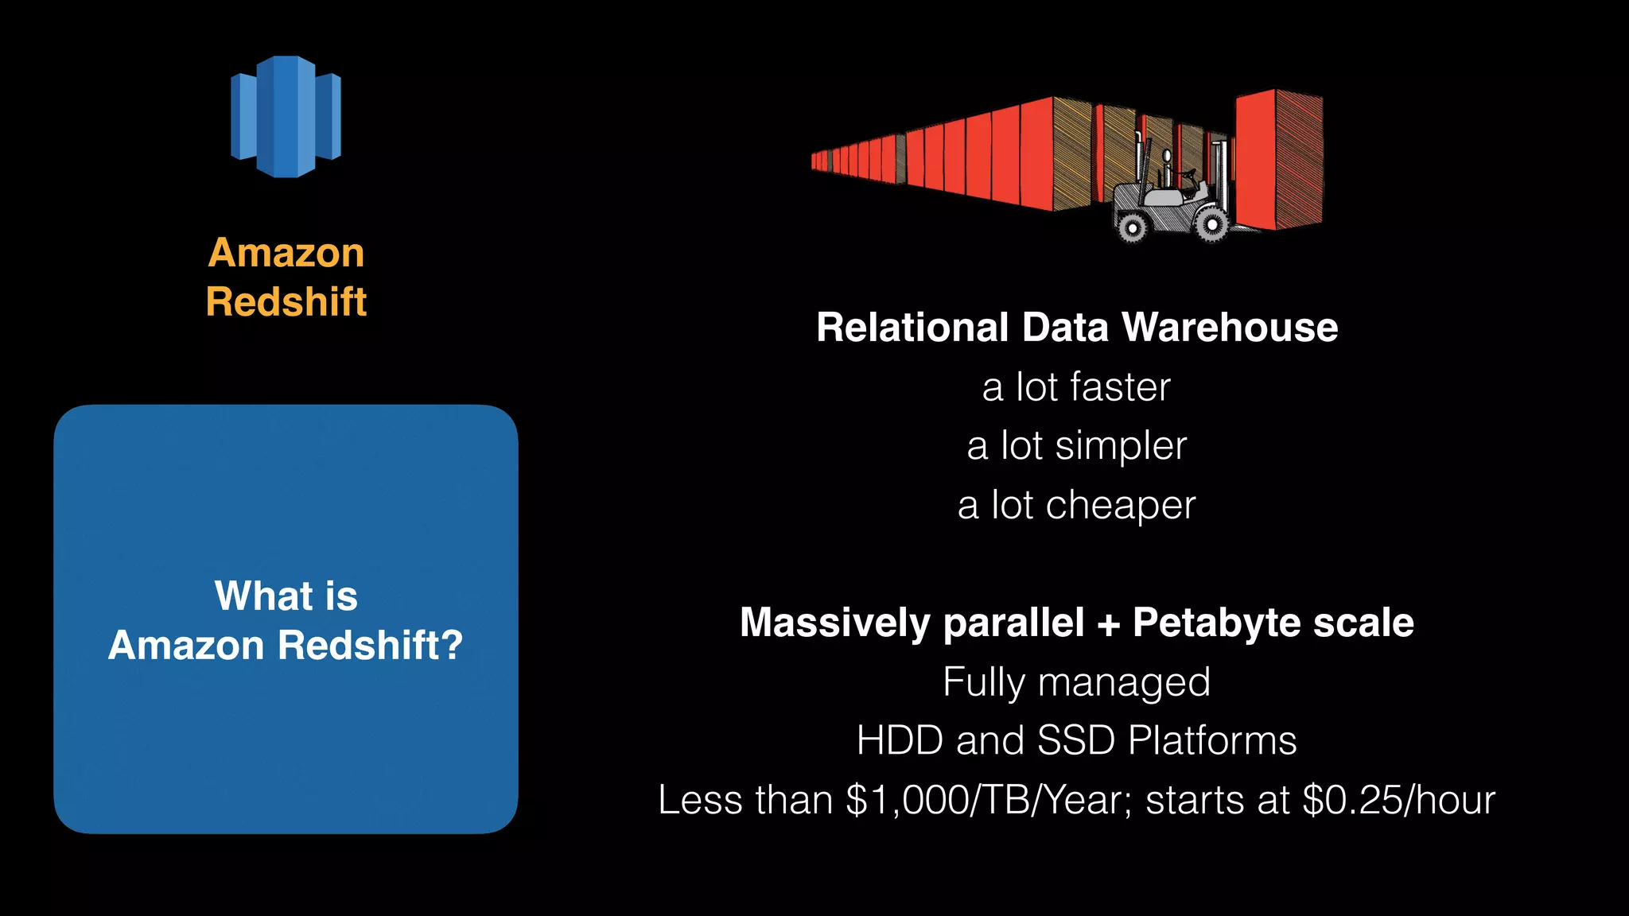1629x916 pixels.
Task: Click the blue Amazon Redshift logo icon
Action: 286,117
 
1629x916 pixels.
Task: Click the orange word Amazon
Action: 286,253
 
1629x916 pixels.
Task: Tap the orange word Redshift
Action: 286,302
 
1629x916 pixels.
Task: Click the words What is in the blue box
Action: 286,596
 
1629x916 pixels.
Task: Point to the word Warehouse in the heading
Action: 1230,328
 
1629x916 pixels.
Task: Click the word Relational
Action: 912,328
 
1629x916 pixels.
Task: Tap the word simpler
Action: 1121,446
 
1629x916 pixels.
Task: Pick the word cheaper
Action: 1121,506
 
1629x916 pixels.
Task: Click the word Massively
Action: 834,623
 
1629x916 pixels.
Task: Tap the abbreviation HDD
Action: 900,741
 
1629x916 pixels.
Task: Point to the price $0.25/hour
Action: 1399,800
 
